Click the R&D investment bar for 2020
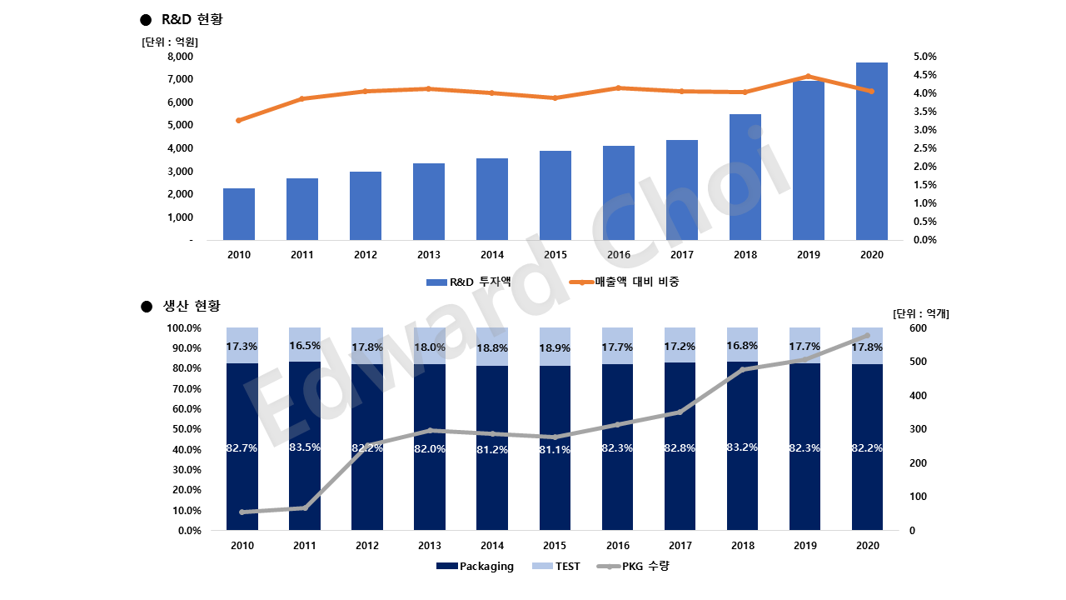(871, 151)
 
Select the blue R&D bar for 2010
(239, 214)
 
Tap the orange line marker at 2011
(302, 98)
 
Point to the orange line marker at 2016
(619, 87)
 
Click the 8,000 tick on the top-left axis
(180, 57)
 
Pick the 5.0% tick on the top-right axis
(925, 57)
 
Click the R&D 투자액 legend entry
(469, 282)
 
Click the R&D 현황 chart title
(192, 19)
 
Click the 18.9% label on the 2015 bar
(555, 347)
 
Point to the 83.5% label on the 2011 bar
(305, 447)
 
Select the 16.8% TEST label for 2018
(743, 345)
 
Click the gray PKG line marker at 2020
(867, 336)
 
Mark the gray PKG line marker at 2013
(430, 430)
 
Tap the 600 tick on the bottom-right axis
(918, 328)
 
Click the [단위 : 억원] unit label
(171, 41)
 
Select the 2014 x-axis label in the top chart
(492, 255)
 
